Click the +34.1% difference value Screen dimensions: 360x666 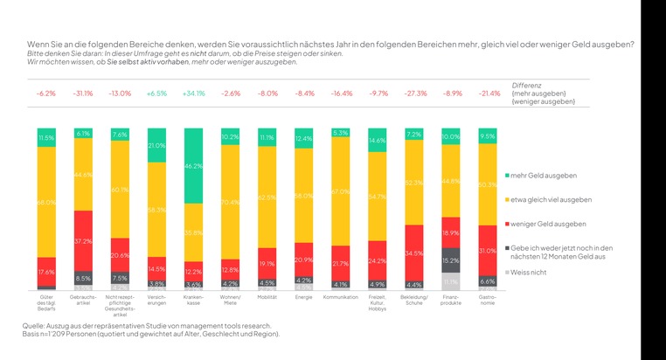point(194,93)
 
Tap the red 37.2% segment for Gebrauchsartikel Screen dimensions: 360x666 point(83,240)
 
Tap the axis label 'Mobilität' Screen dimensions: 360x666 point(267,297)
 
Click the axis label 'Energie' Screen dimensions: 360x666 point(304,297)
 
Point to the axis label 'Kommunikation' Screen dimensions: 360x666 point(342,297)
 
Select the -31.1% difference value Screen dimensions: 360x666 point(83,93)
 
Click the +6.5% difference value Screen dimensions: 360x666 point(157,93)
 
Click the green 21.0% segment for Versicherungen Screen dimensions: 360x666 point(157,145)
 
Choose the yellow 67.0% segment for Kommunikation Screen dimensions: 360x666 point(342,192)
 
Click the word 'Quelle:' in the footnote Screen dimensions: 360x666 point(34,325)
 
